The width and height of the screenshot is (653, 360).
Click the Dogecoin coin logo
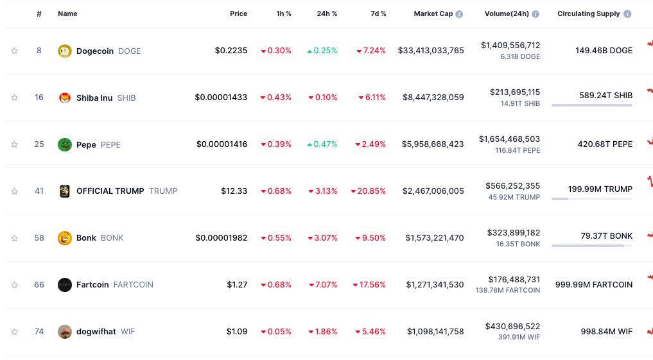pos(64,51)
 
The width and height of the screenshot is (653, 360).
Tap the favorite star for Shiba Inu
pos(15,98)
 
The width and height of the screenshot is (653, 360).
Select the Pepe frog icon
pos(64,144)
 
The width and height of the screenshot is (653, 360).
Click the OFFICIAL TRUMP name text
pos(110,191)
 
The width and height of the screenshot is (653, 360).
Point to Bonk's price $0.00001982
pos(222,238)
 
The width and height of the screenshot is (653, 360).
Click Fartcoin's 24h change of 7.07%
pos(323,285)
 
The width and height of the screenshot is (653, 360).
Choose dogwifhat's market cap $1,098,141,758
pos(435,332)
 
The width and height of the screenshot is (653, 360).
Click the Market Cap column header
pos(433,14)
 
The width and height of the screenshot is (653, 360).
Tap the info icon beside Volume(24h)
pos(535,14)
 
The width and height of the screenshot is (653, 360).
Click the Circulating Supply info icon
pos(627,14)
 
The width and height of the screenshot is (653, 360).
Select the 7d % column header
pos(378,14)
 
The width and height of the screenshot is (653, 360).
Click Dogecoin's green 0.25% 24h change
pos(322,51)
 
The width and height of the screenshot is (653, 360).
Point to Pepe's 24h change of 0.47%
pos(322,144)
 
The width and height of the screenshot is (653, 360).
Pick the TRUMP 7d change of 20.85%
pos(369,191)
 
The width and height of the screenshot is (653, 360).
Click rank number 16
pos(39,98)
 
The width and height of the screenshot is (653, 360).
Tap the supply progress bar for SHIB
pos(591,105)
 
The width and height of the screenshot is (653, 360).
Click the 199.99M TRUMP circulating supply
pos(600,189)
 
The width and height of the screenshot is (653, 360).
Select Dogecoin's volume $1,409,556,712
pos(510,46)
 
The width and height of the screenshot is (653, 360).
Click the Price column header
pos(238,14)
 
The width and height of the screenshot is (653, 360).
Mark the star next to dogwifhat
pos(15,332)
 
